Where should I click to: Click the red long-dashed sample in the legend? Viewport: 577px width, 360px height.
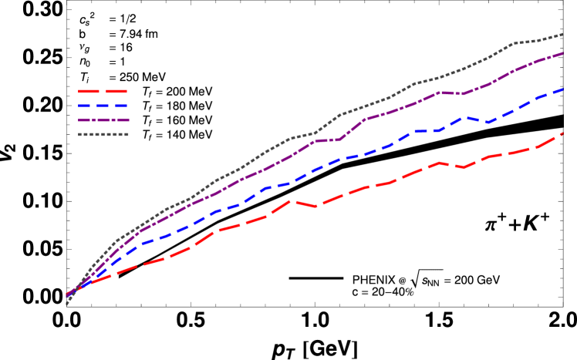pos(103,91)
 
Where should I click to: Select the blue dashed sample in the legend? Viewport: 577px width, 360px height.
pos(103,106)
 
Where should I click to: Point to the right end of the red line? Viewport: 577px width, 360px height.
pos(562,133)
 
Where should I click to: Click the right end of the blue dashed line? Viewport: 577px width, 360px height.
pos(562,89)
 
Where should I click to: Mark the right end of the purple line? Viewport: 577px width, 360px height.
pos(562,54)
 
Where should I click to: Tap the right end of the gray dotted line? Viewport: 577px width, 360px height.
pos(562,35)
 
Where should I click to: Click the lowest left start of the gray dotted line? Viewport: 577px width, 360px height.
pos(66,304)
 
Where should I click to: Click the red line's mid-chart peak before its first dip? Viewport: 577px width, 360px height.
pos(290,200)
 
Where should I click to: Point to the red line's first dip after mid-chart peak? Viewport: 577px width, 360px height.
pos(315,207)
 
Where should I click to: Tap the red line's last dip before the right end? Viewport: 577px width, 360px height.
pos(464,167)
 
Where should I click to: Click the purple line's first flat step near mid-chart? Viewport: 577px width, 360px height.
pos(327,140)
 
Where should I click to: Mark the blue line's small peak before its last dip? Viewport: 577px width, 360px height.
pos(464,117)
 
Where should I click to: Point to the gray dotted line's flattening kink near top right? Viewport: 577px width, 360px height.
pos(514,43)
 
